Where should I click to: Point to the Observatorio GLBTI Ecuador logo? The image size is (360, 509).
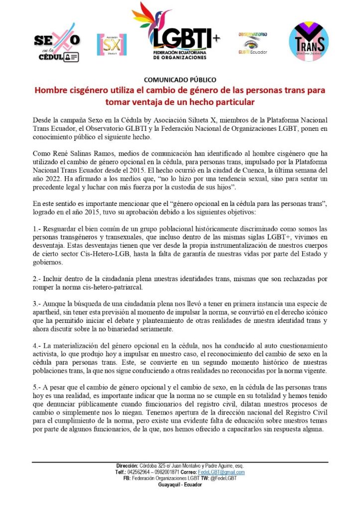(x=252, y=43)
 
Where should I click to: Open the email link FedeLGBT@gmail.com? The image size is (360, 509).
(x=225, y=472)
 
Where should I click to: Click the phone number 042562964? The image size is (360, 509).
(x=137, y=472)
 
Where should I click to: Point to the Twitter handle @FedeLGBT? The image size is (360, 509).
(x=224, y=478)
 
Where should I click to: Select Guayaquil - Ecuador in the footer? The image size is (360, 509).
(x=180, y=484)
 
